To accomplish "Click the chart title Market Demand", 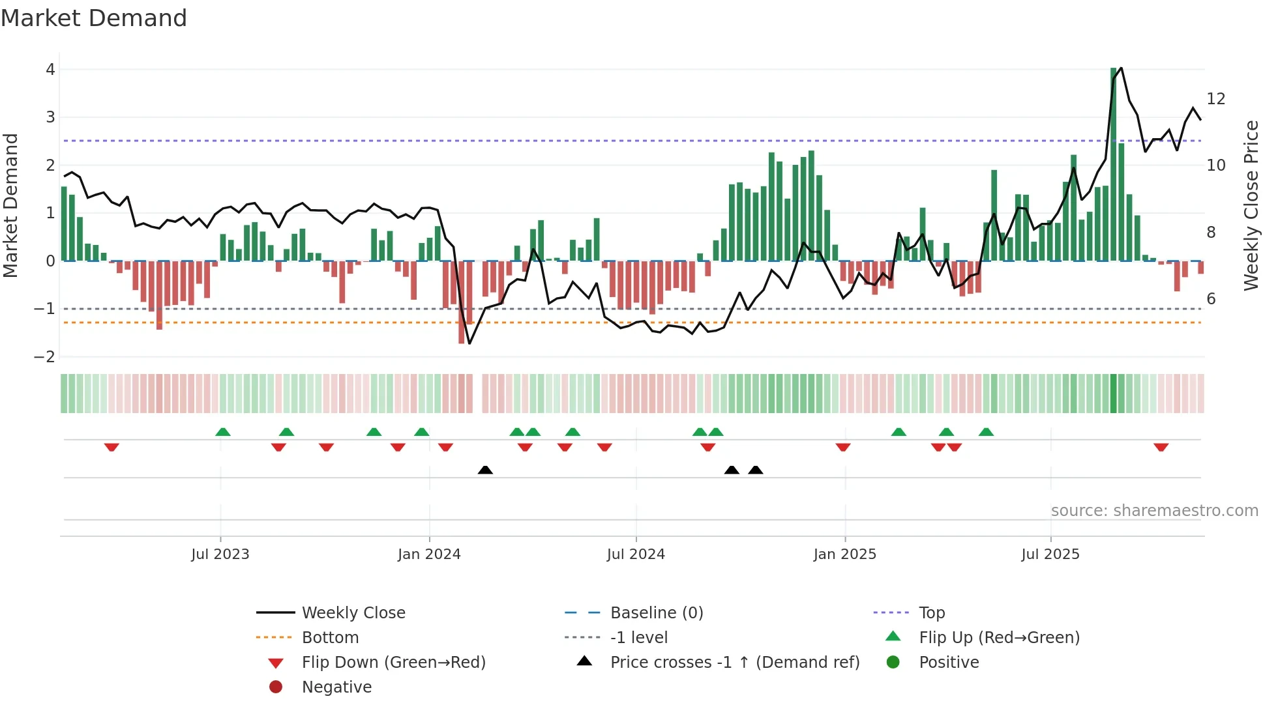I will point(94,18).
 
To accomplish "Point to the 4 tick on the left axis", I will point(50,70).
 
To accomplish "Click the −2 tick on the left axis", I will point(45,356).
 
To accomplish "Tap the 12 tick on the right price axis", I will point(1216,99).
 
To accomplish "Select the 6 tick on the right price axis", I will point(1211,299).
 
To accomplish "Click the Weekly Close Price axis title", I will point(1251,205).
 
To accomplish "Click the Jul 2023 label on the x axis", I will point(220,554).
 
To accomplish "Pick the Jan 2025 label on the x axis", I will point(845,554).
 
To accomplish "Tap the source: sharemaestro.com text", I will point(1154,511).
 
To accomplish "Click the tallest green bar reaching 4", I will point(1114,163).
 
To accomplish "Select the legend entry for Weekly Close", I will point(353,613).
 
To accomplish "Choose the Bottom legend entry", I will point(330,638).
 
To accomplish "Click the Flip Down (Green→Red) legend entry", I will point(393,663).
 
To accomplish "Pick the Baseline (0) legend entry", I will point(657,613).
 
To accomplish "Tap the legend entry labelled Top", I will point(932,613).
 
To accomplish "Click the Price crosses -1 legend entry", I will point(735,663).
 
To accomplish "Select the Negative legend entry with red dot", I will point(336,687).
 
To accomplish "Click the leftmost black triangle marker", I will point(485,470).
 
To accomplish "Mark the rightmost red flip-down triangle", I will point(1161,447).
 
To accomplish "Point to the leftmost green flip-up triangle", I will point(223,432).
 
